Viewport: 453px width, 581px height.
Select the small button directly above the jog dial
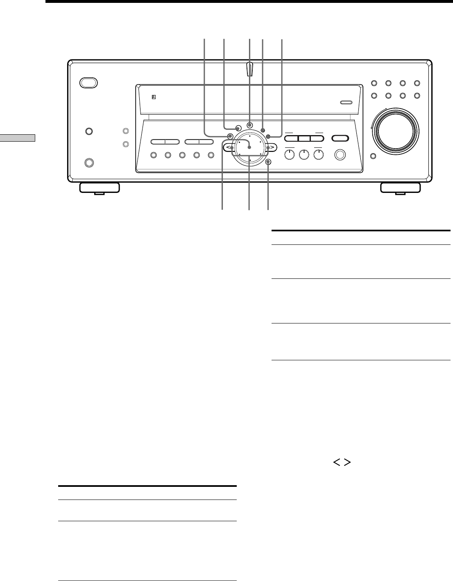250,125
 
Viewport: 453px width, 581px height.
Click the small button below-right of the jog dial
268,162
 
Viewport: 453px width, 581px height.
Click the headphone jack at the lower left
88,162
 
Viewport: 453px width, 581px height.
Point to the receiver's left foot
100,188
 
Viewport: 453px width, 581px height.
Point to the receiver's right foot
400,188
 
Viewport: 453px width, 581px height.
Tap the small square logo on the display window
154,97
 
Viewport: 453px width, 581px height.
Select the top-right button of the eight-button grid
417,84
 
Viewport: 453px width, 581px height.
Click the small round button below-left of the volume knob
373,156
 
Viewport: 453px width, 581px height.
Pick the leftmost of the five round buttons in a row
154,155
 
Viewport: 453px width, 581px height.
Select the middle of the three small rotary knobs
304,155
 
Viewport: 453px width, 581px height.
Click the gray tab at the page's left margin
17,138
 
